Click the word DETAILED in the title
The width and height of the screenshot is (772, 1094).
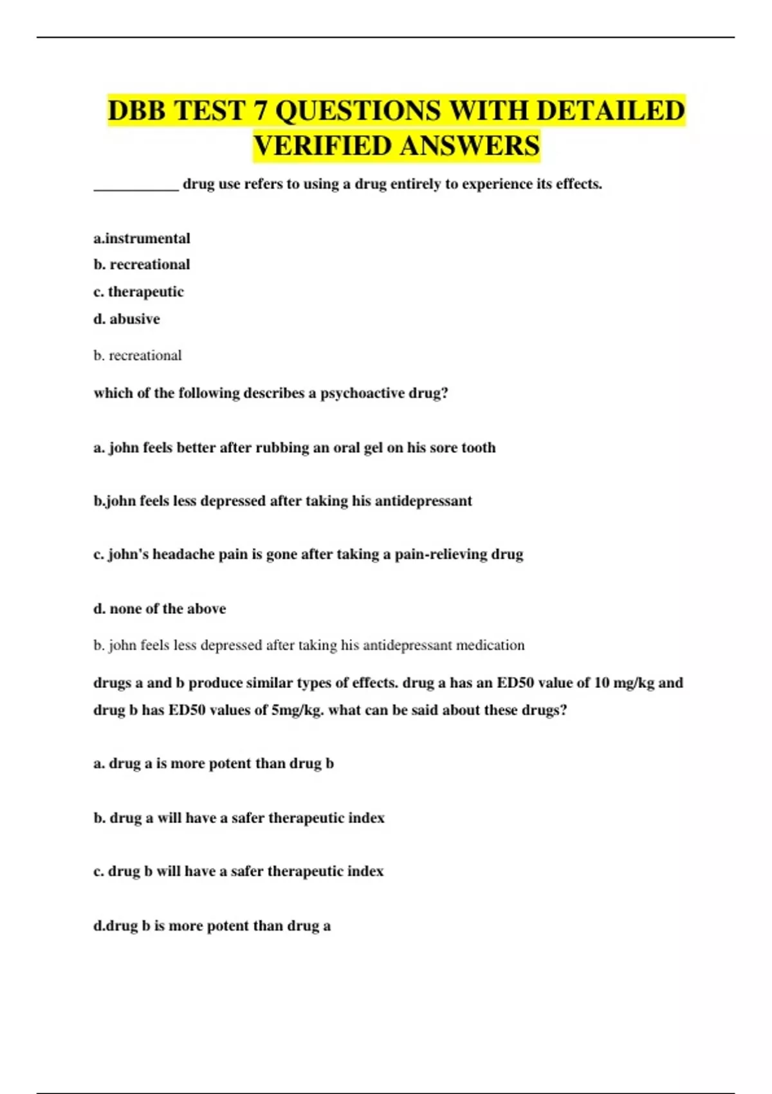[610, 111]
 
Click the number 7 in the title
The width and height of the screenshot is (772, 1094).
[259, 111]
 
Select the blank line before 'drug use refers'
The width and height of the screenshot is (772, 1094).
[136, 187]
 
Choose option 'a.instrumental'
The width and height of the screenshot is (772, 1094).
[142, 239]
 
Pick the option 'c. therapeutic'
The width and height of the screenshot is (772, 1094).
[138, 292]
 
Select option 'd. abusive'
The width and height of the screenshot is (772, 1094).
[127, 319]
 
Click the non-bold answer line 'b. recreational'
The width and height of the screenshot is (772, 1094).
[138, 356]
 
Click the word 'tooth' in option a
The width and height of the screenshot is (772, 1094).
[478, 448]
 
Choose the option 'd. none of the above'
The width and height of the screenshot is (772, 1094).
[160, 609]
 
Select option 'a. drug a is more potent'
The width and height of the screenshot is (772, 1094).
[214, 764]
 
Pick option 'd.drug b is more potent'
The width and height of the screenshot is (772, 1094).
[212, 926]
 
